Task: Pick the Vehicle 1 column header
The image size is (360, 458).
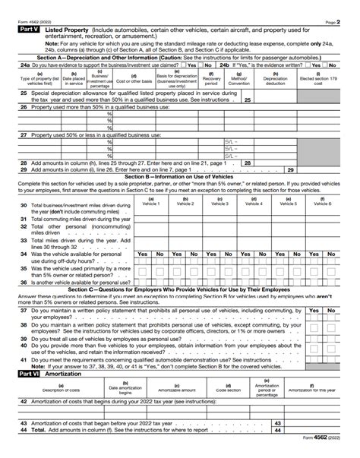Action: [150, 202]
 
